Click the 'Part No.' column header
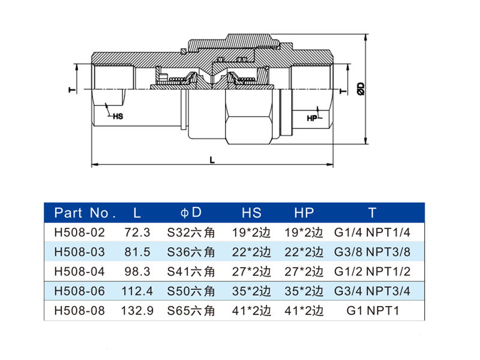[x=85, y=212]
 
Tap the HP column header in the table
[x=304, y=212]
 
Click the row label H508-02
[x=79, y=231]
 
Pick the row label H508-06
[x=79, y=291]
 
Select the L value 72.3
[x=137, y=231]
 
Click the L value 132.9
[x=137, y=311]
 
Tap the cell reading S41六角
[x=191, y=271]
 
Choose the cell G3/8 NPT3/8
[x=372, y=251]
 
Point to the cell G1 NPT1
[x=372, y=311]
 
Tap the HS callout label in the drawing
[x=118, y=117]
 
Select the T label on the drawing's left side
[x=70, y=90]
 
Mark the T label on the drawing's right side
[x=341, y=91]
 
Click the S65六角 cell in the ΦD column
[x=191, y=311]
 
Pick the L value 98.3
[x=137, y=271]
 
